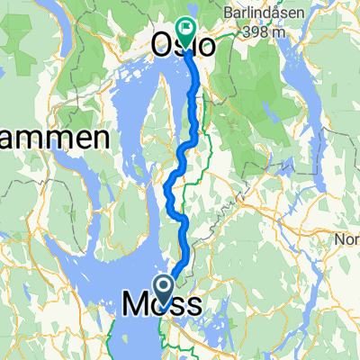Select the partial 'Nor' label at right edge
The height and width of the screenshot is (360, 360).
(347, 241)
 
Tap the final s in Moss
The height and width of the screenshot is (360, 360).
(193, 306)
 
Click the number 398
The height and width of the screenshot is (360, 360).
(257, 33)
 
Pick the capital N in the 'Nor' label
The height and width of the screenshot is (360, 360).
(339, 241)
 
